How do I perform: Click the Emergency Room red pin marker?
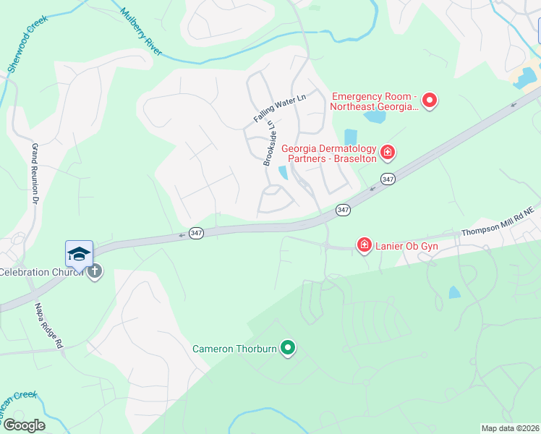click(430, 100)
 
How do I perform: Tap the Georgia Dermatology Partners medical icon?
click(388, 152)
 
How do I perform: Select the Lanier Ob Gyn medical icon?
click(364, 245)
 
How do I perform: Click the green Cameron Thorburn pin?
click(288, 348)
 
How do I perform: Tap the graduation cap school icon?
click(79, 253)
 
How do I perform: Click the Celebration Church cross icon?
click(94, 272)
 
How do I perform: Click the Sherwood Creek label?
click(22, 43)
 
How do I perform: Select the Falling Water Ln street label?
click(280, 108)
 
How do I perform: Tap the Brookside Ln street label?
click(270, 143)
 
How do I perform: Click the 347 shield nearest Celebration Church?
click(195, 232)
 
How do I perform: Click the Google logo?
click(23, 425)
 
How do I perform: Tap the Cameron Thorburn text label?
click(235, 349)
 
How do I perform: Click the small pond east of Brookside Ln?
click(283, 172)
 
